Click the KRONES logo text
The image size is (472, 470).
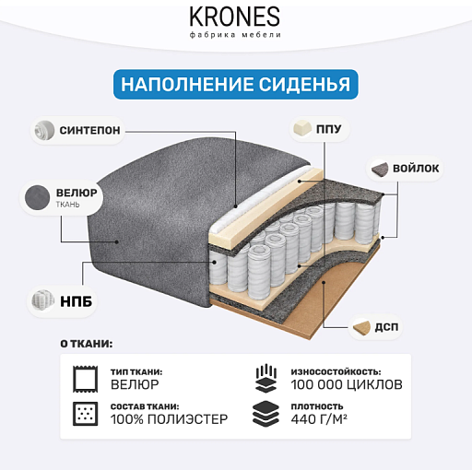[x=234, y=18]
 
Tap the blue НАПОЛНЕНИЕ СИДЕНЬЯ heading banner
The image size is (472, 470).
[x=236, y=84]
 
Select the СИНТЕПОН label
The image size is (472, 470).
[x=89, y=130]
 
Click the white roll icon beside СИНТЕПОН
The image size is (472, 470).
[x=44, y=130]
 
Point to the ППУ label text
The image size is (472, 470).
[x=328, y=129]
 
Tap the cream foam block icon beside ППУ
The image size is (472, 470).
[x=302, y=129]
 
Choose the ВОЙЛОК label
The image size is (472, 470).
[x=416, y=169]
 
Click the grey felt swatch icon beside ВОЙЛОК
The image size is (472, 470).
[x=380, y=169]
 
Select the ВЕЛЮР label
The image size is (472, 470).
[x=77, y=193]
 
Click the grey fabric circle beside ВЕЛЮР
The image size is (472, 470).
[x=37, y=197]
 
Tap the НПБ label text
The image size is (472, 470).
[x=77, y=301]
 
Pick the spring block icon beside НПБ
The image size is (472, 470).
[x=42, y=300]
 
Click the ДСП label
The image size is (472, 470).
[x=386, y=327]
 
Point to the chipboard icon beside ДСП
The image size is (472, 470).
[x=361, y=328]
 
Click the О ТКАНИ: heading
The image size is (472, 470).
[x=87, y=344]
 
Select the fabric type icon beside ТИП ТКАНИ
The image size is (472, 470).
[x=85, y=379]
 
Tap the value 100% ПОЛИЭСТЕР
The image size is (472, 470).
[x=169, y=419]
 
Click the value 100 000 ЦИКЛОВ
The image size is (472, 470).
[x=347, y=384]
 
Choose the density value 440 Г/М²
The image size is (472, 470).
[x=319, y=419]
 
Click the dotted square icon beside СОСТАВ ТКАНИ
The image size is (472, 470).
[x=85, y=414]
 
